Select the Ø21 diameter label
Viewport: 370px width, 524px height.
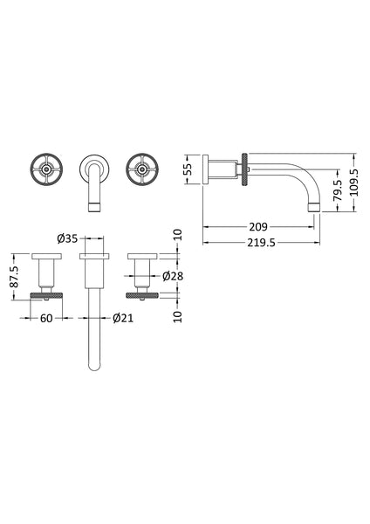[120, 320]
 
